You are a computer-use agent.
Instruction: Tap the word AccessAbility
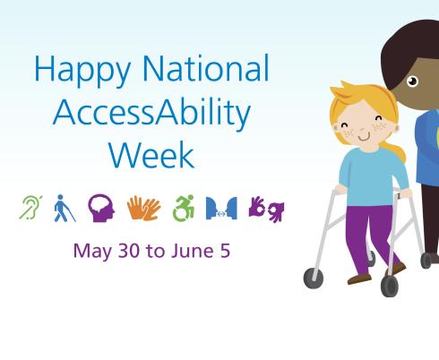click(151, 113)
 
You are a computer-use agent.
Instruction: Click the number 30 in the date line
click(126, 250)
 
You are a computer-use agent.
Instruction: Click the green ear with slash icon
click(30, 208)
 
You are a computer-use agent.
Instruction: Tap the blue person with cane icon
click(64, 208)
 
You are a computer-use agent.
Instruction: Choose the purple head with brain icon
click(100, 208)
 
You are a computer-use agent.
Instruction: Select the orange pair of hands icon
click(143, 208)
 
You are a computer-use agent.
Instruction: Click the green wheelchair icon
click(183, 208)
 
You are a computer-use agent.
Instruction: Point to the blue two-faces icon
click(220, 209)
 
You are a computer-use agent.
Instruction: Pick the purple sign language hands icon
click(266, 209)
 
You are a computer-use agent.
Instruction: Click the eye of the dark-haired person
click(412, 81)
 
